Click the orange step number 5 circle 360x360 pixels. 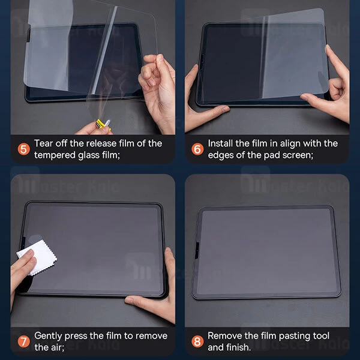(23, 149)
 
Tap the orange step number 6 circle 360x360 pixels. (196, 149)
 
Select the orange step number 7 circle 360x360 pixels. (23, 341)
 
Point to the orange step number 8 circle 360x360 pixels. (196, 341)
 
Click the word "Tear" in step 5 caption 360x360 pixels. (45, 143)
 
